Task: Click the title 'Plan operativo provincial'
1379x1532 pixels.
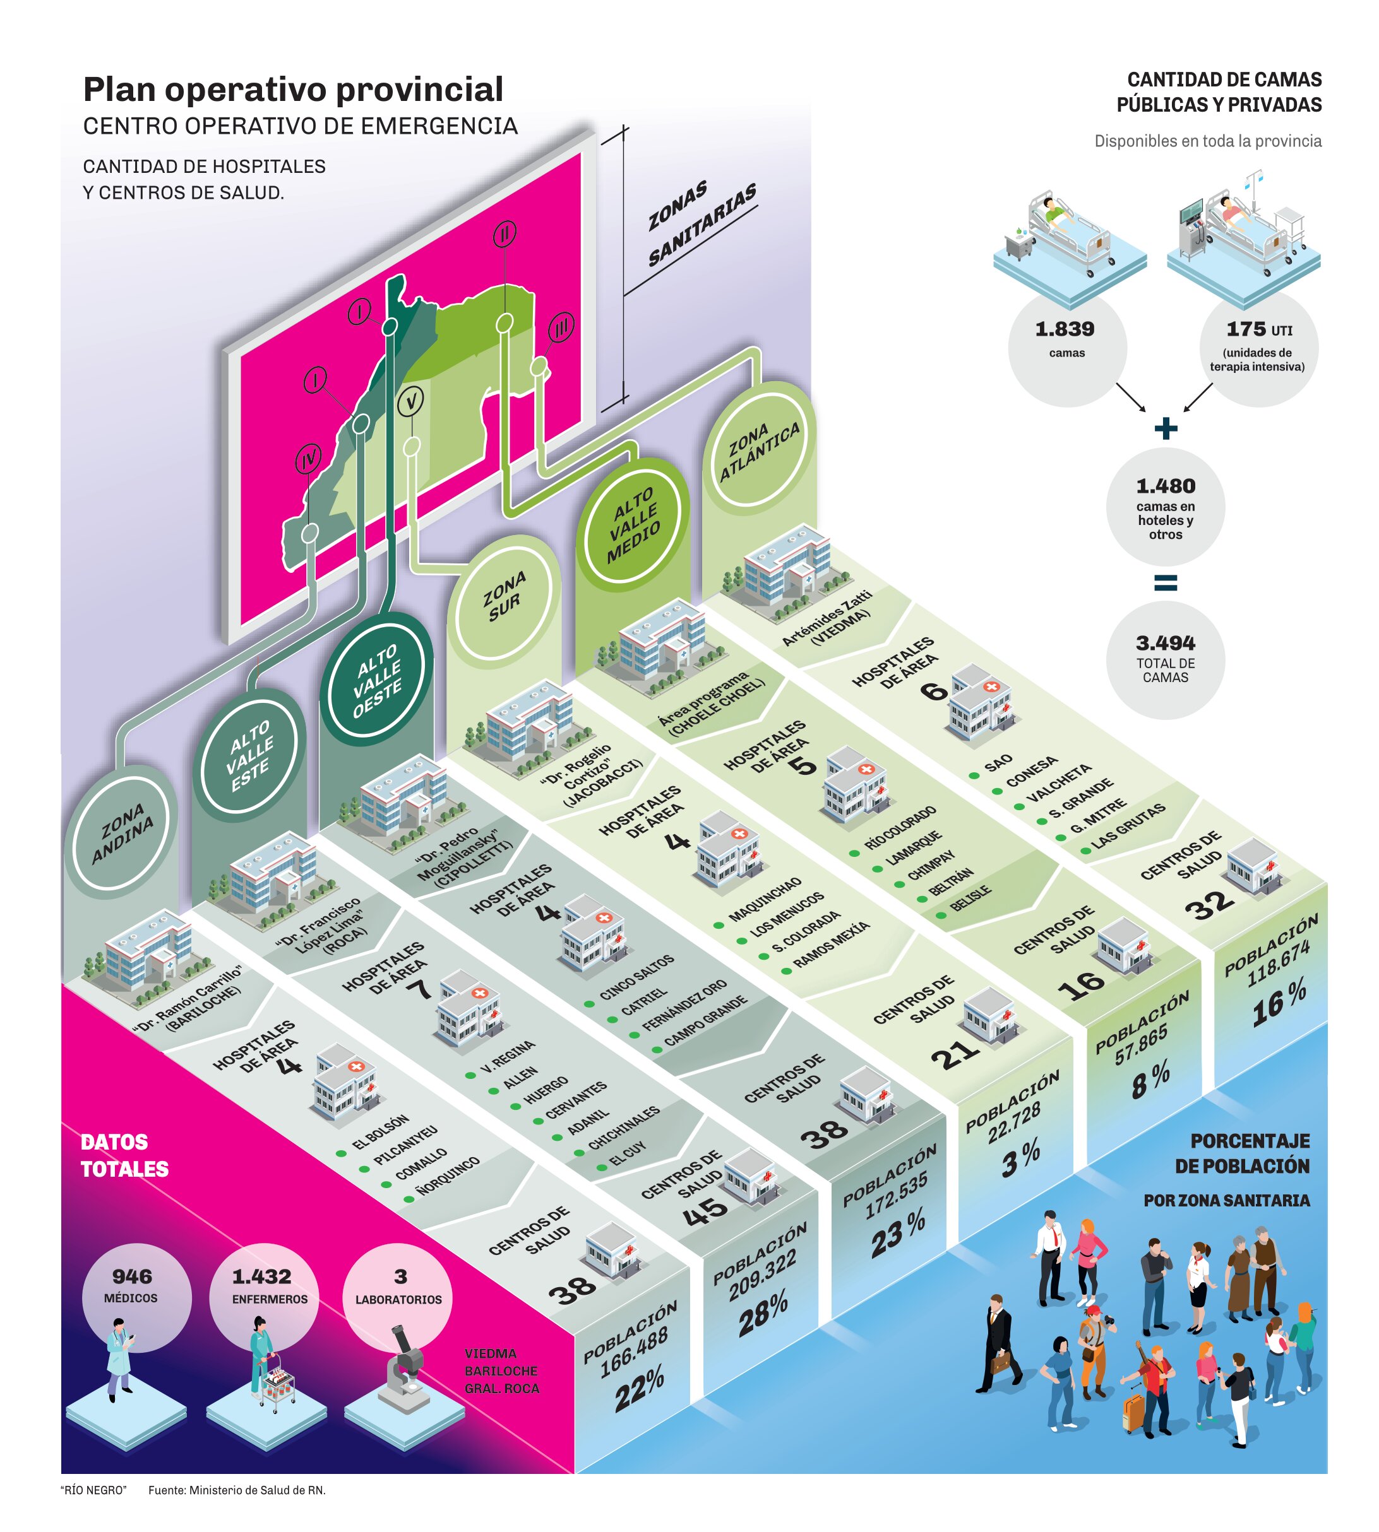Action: [292, 90]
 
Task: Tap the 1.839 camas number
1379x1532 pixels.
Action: [1065, 329]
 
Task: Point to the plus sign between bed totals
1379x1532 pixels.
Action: [1166, 428]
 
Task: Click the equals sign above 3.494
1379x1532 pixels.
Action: [1166, 582]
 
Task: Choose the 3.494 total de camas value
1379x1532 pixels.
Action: [1166, 643]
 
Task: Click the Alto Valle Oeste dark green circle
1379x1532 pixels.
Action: [376, 681]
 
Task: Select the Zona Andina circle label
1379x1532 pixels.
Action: [122, 833]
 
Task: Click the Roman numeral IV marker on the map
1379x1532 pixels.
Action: [307, 458]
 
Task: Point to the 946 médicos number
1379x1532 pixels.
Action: [132, 1276]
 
